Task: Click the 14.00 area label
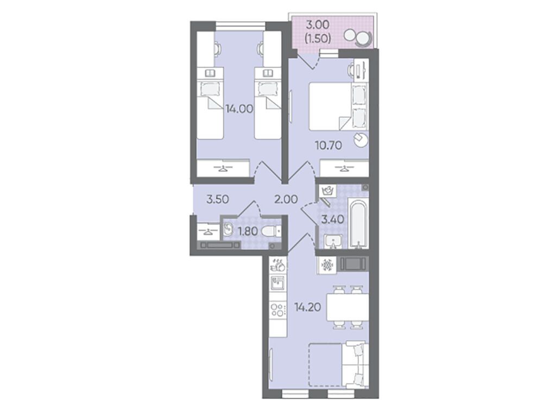(239, 109)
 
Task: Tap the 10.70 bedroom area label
(328, 145)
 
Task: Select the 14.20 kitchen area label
(307, 307)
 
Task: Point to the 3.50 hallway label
(218, 199)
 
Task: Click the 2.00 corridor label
(286, 199)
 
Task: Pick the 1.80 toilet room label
(248, 231)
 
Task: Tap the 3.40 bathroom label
(333, 219)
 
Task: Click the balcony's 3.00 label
(318, 25)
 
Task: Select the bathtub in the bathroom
(359, 223)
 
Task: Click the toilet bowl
(271, 231)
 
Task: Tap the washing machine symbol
(326, 192)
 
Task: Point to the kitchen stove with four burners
(277, 310)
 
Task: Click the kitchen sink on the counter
(277, 283)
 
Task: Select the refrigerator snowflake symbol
(326, 265)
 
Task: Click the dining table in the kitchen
(347, 307)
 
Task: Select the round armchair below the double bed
(361, 140)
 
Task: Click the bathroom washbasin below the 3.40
(332, 242)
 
